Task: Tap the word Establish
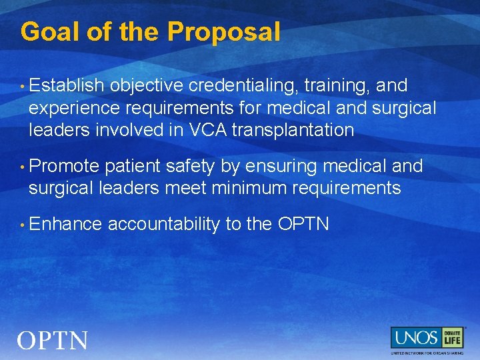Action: tap(67, 86)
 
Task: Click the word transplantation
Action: tap(297, 130)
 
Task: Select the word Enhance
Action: tap(65, 224)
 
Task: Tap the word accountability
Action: tap(164, 224)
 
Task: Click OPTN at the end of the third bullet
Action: tap(303, 224)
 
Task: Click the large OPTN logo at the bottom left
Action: tap(53, 341)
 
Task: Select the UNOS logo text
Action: tap(415, 338)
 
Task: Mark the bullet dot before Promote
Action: tap(23, 166)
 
